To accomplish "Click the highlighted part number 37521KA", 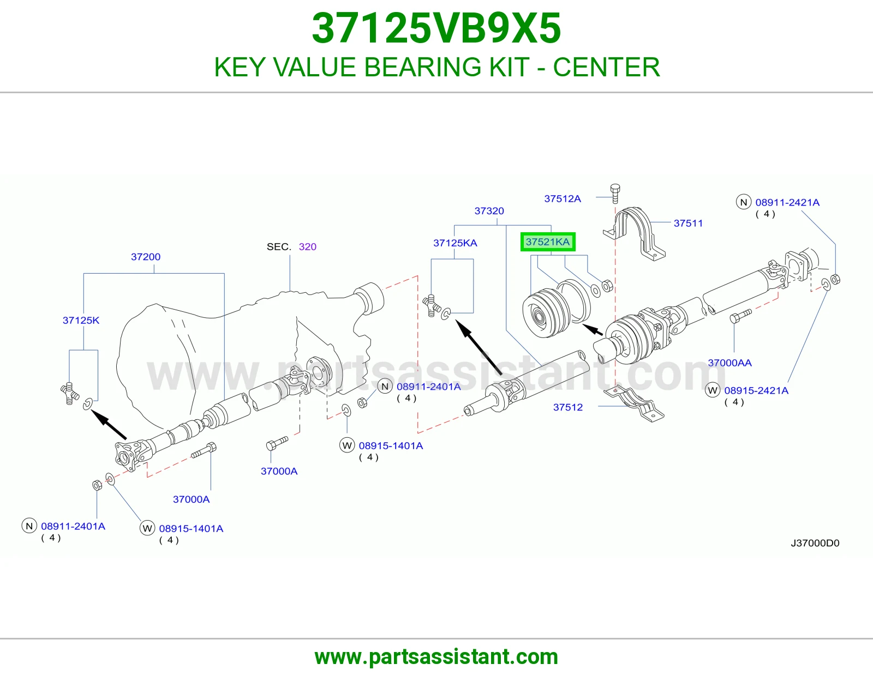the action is [x=548, y=242].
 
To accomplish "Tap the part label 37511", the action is [x=688, y=223].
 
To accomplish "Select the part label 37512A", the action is [x=563, y=198].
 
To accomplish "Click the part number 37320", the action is [x=489, y=211].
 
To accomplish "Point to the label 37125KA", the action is [x=455, y=243].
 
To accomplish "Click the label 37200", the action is [x=146, y=257].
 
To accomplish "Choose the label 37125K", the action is [x=81, y=321].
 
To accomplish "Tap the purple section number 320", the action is [x=308, y=247].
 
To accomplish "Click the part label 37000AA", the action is [x=730, y=363].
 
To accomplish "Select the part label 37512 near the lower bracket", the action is [x=567, y=407].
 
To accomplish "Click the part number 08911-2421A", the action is [x=787, y=202].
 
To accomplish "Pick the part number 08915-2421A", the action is [x=756, y=390].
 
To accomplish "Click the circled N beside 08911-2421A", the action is [x=744, y=202].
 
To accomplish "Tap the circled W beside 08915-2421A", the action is [x=713, y=390].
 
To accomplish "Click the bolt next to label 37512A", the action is [x=615, y=194].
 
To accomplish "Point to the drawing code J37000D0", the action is [x=815, y=543].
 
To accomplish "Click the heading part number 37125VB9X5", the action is [x=436, y=28].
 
